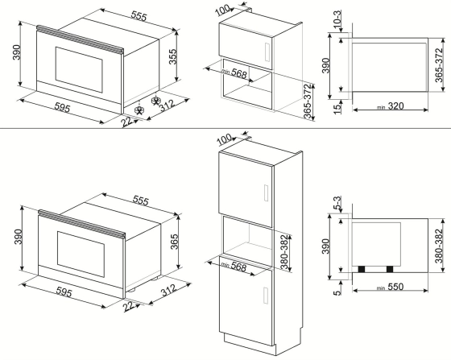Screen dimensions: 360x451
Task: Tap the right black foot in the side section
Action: pos(391,268)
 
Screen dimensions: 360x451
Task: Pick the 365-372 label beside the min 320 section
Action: pos(439,60)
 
